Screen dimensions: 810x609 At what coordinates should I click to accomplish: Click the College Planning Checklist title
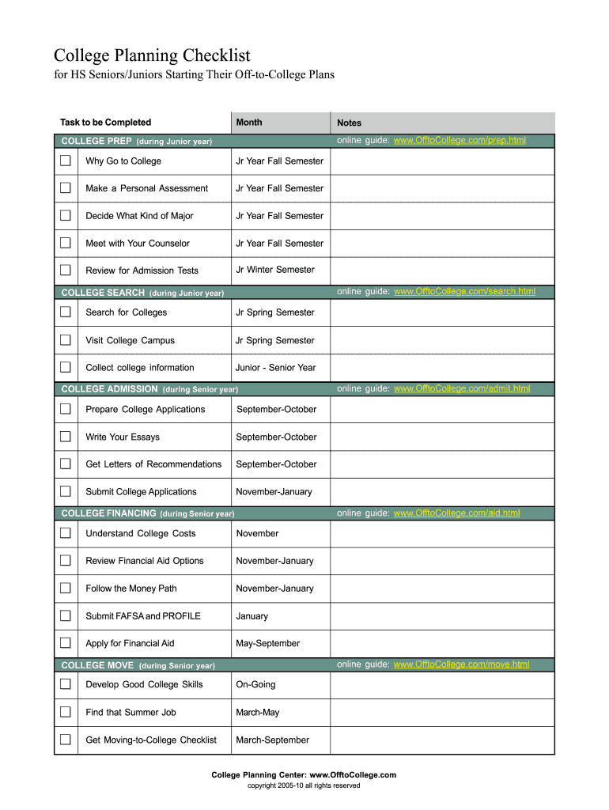tap(152, 55)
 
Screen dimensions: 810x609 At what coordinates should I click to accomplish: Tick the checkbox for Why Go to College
tap(65, 161)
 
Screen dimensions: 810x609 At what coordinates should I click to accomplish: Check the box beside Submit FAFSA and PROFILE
tap(65, 615)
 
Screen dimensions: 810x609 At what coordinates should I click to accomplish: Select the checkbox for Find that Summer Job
tap(65, 712)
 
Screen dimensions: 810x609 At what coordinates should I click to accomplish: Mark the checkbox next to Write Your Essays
tap(65, 437)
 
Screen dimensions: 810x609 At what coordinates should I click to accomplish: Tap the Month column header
tap(248, 123)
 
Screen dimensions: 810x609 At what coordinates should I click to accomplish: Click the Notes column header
tap(349, 123)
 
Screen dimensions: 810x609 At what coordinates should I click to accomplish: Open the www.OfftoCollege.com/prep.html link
tap(460, 141)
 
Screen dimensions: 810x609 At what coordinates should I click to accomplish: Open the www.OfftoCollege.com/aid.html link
tap(456, 513)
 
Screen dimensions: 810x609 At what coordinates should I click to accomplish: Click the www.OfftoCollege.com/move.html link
tap(461, 664)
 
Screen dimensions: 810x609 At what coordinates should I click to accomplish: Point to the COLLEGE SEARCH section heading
tap(103, 293)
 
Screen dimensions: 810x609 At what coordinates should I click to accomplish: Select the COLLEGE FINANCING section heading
tap(108, 513)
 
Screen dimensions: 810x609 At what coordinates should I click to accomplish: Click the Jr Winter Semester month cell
tap(274, 270)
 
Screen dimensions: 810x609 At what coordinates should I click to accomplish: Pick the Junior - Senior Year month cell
tap(275, 368)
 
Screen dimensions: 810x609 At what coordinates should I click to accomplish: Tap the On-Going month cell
tap(255, 684)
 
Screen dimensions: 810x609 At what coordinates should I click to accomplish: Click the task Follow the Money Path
tap(131, 589)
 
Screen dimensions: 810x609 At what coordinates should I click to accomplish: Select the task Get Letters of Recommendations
tap(153, 464)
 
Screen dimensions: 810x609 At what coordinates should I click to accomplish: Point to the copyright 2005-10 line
tap(304, 785)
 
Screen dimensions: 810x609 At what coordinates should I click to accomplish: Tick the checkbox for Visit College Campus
tap(65, 340)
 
